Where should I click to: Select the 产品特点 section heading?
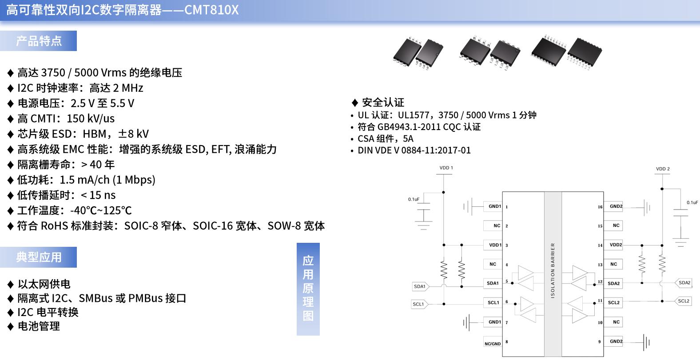(x=39, y=41)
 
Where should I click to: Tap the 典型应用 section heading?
(x=39, y=257)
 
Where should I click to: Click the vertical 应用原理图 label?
(x=308, y=289)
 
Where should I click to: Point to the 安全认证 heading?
(x=383, y=103)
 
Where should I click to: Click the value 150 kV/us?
(x=91, y=119)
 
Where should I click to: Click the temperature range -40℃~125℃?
(x=101, y=210)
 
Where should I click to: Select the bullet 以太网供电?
(x=44, y=284)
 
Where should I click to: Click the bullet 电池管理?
(x=39, y=326)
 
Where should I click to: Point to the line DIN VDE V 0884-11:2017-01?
(x=414, y=150)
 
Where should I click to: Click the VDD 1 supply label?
(x=446, y=168)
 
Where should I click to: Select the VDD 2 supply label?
(x=663, y=169)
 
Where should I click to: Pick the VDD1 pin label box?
(x=495, y=245)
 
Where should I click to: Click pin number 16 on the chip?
(x=600, y=207)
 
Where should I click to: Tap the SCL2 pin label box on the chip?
(x=613, y=303)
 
